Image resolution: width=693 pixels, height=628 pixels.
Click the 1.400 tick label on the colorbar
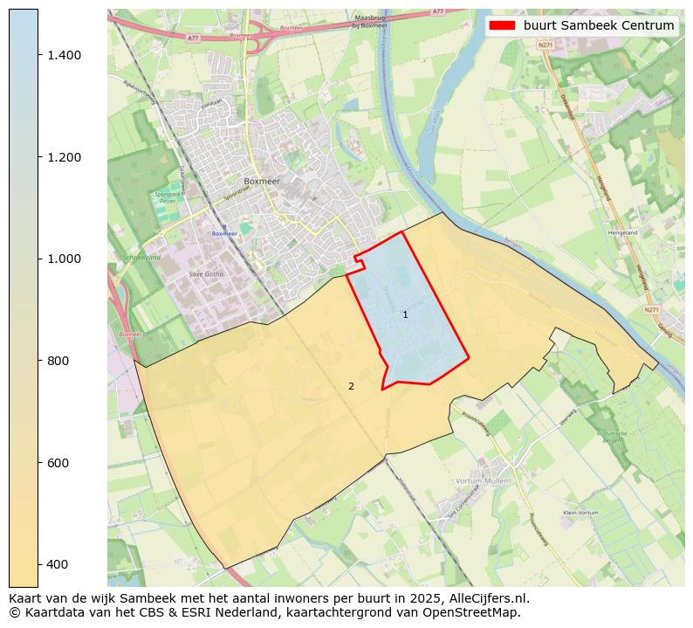coord(63,55)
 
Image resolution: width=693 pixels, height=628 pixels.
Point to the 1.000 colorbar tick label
coord(63,259)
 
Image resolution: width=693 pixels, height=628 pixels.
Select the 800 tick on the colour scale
coord(58,361)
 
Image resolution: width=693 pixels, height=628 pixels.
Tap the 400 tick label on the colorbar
coord(58,564)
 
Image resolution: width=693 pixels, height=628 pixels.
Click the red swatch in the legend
coord(502,25)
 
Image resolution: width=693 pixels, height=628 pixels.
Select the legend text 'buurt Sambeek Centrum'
coord(599,25)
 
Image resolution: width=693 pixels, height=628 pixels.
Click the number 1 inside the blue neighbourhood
coord(405,314)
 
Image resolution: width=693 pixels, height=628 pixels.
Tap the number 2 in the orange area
coord(351,386)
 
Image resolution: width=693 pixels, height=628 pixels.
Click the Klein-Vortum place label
coord(579,513)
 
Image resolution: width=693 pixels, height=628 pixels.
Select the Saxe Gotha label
coord(206,274)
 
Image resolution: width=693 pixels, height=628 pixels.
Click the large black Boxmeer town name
coord(261,181)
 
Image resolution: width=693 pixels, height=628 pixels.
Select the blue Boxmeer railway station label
coord(224,234)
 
